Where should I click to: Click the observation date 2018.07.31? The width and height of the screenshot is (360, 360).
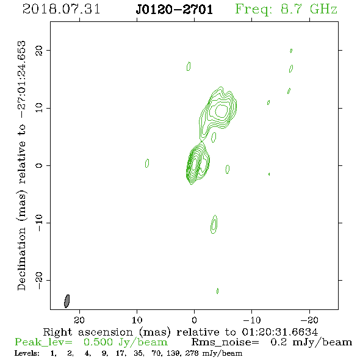(61, 9)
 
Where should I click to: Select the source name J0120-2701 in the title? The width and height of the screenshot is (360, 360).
(175, 10)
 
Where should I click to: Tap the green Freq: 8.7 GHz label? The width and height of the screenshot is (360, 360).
(286, 9)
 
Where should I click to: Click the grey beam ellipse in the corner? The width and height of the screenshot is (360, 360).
(67, 301)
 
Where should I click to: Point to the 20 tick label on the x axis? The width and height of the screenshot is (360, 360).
(79, 320)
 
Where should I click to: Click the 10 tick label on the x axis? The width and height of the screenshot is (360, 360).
(137, 320)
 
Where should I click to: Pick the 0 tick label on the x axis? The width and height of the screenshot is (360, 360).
(194, 320)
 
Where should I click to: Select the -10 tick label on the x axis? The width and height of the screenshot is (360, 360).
(252, 320)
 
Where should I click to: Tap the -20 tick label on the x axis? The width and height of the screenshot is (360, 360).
(309, 320)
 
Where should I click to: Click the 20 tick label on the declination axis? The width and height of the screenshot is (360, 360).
(39, 50)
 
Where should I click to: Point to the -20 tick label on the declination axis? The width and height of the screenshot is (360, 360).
(39, 280)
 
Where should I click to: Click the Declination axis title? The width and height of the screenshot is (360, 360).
(21, 166)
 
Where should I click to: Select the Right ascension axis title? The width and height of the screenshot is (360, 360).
(181, 332)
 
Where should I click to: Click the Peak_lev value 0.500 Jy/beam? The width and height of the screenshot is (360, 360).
(126, 342)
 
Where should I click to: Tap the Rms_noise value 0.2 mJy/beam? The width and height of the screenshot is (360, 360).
(311, 342)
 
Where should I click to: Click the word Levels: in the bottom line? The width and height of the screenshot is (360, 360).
(27, 353)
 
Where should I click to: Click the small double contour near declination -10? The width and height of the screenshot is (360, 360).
(214, 225)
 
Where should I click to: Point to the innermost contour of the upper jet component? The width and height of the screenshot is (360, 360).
(221, 110)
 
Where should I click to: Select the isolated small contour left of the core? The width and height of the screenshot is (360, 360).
(147, 164)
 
